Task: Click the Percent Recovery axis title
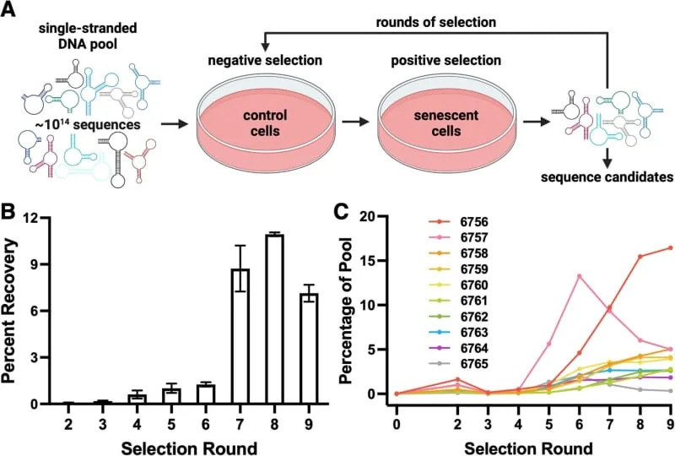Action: pyautogui.click(x=13, y=310)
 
